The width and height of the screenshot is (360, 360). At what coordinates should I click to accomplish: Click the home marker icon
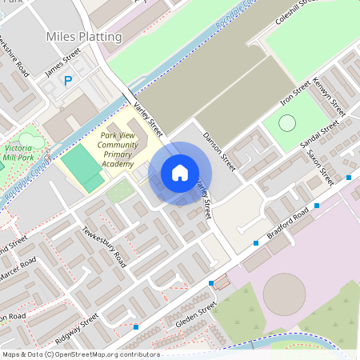[x=180, y=173]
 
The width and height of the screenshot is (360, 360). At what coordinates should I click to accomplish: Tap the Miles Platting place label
[x=84, y=37]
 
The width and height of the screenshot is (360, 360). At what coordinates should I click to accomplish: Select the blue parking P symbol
[x=68, y=80]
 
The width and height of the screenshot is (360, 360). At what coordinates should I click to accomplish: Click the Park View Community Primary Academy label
[x=117, y=150]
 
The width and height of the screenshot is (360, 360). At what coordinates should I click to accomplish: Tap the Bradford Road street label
[x=289, y=226]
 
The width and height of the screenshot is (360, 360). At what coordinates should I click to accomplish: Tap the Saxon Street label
[x=320, y=167]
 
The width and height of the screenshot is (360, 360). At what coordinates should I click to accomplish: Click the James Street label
[x=63, y=62]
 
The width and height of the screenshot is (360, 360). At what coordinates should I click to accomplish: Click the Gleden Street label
[x=195, y=317]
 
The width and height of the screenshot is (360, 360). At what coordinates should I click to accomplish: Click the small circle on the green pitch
[x=286, y=123]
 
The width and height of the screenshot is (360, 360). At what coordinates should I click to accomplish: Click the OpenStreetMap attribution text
[x=80, y=354]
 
